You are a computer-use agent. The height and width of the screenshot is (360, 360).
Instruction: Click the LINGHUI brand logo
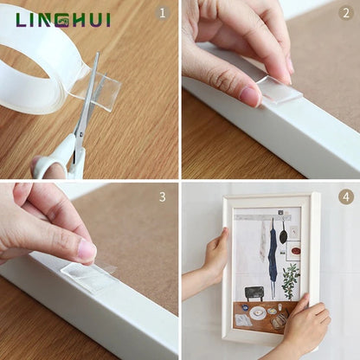coord(63,20)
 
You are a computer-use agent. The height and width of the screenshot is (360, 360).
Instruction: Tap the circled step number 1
coord(163,13)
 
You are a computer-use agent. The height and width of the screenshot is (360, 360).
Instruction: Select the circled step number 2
coord(345,13)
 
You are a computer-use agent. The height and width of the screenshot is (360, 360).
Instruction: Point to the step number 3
coord(163,196)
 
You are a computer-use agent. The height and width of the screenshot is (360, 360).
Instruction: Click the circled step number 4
coord(346,196)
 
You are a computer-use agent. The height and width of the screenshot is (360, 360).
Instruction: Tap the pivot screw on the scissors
coord(80,134)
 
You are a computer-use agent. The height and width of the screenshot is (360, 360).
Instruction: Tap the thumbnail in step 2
coord(250,96)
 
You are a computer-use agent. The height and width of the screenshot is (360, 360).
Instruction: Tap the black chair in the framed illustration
coord(254,293)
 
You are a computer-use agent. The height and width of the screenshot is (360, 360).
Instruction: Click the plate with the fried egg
coord(258,313)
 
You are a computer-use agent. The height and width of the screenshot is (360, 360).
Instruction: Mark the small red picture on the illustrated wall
coord(296,251)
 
